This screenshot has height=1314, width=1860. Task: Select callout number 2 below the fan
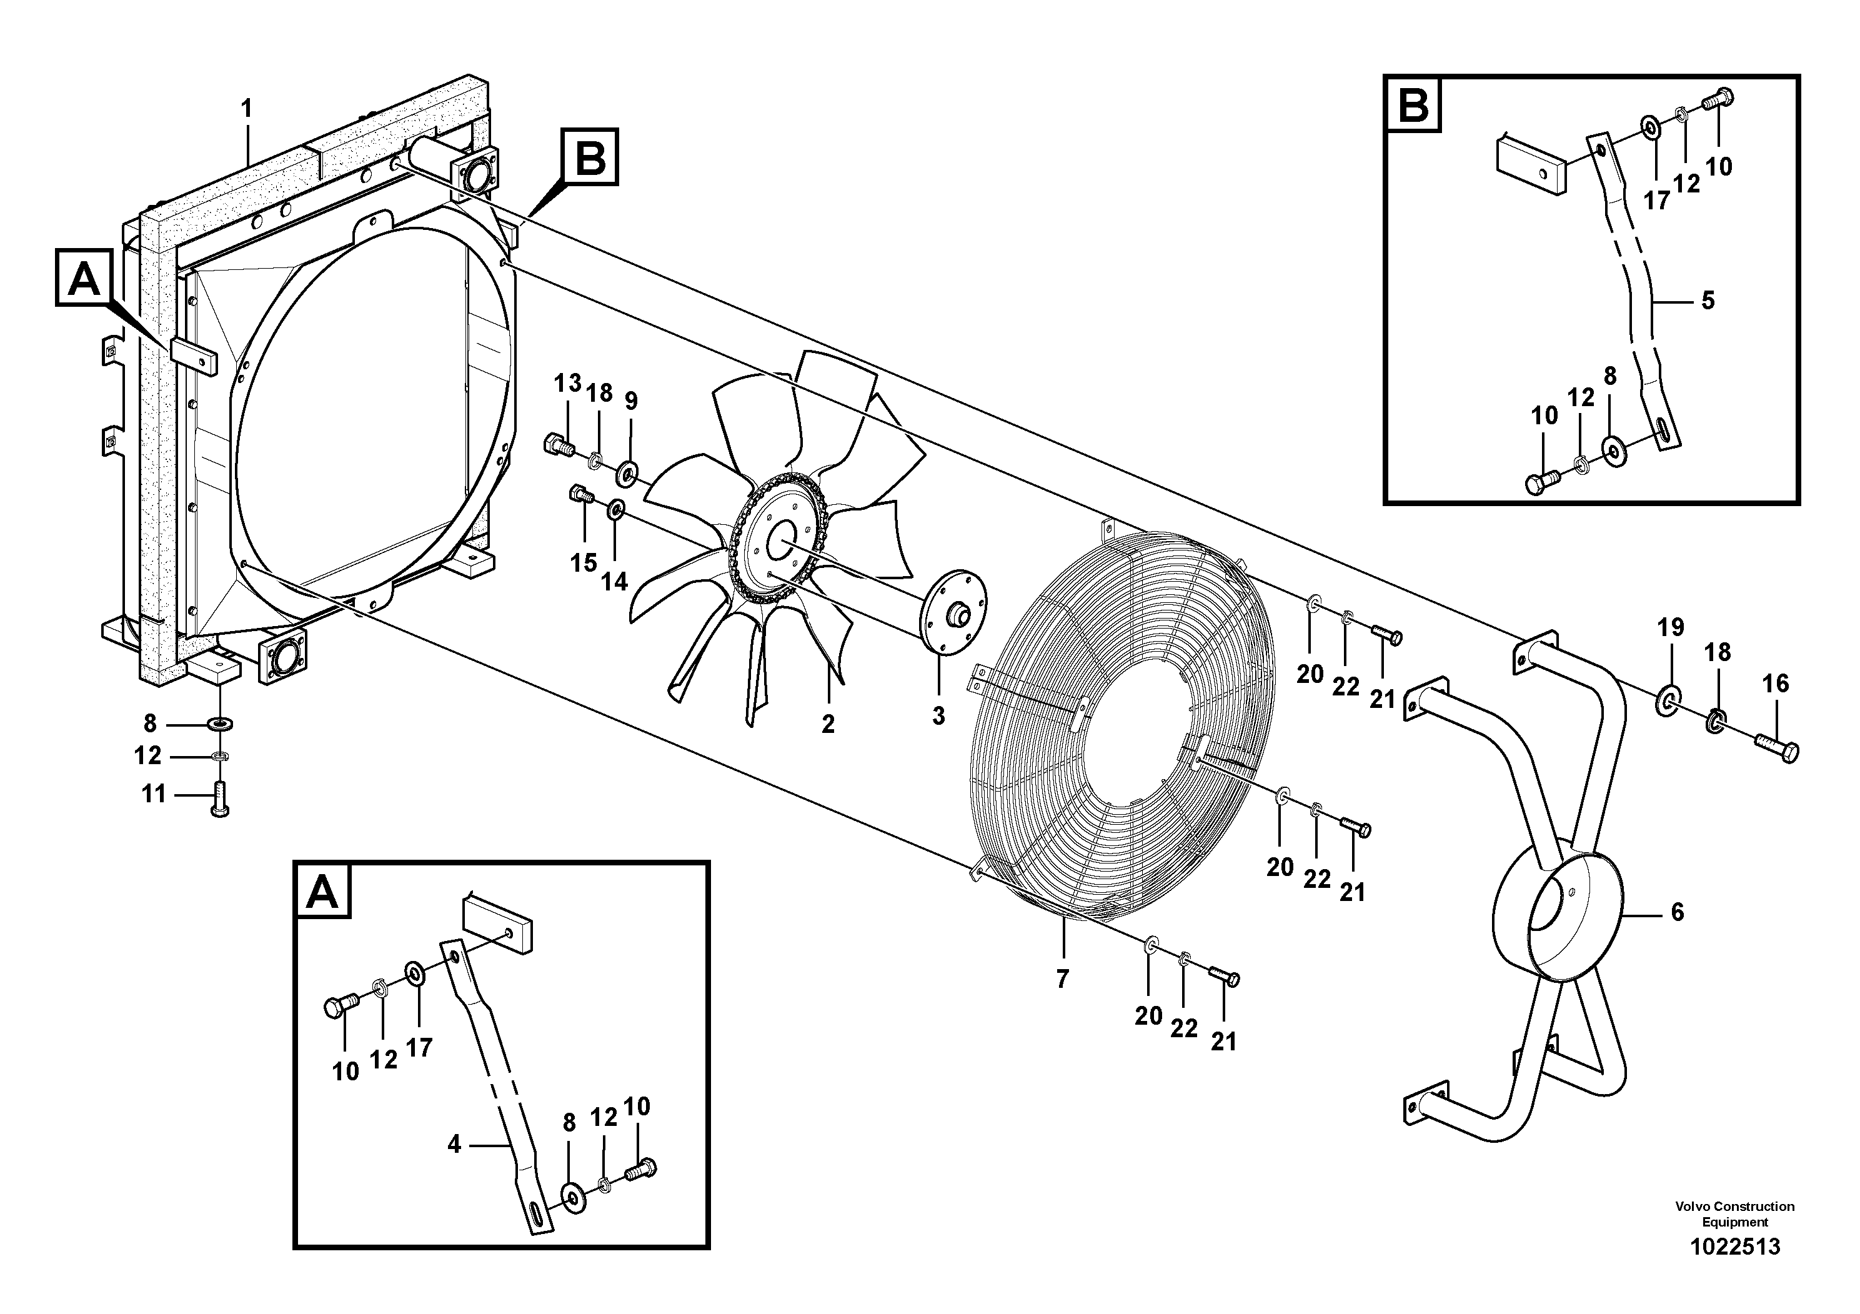coord(827,724)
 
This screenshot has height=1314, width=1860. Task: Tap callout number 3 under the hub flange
coord(938,715)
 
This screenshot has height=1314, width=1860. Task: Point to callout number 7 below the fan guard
coord(1062,978)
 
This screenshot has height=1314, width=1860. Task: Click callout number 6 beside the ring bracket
coord(1677,912)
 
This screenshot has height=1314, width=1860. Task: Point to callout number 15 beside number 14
coord(584,562)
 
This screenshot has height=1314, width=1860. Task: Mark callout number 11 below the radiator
coord(154,794)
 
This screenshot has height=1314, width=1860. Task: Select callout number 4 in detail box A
coord(454,1144)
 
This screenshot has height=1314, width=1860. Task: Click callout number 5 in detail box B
coord(1708,301)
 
